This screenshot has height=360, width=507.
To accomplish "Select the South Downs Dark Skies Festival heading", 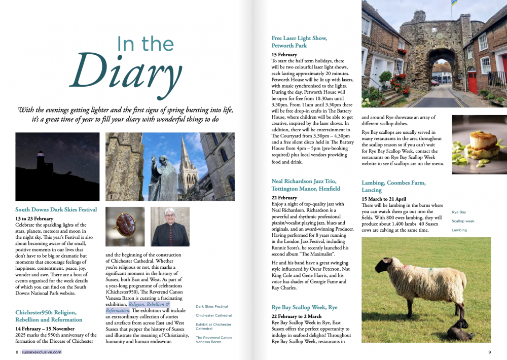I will point(56,209).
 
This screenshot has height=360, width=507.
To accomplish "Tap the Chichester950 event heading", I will point(49,316).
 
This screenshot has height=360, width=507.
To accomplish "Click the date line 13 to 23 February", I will point(34,219).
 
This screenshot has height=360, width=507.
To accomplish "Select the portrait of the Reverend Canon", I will point(170,227).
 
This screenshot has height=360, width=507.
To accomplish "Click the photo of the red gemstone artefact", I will point(125,227).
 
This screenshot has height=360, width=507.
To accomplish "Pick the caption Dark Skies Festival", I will point(212,307).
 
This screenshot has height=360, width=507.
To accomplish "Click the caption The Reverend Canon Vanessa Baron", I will point(213,340).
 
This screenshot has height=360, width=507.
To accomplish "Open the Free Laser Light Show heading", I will point(299,42).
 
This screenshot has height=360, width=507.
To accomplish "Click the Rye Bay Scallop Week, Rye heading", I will point(304,308).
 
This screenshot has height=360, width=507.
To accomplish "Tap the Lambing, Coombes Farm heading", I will point(393,186).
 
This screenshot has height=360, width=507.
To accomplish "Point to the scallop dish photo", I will point(479,145).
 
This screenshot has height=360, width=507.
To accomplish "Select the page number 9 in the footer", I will point(489,352).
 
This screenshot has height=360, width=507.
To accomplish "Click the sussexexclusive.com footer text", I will point(41,352).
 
